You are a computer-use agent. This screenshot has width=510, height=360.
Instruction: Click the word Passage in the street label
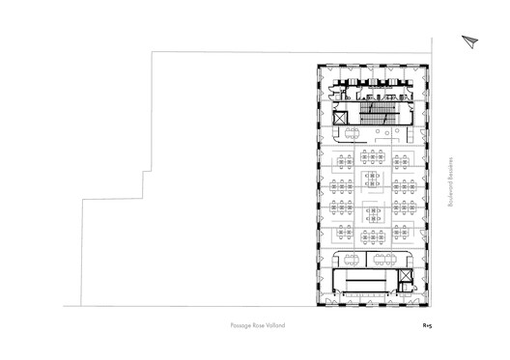point(241,325)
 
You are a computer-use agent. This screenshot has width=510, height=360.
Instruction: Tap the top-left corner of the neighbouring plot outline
point(156,53)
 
